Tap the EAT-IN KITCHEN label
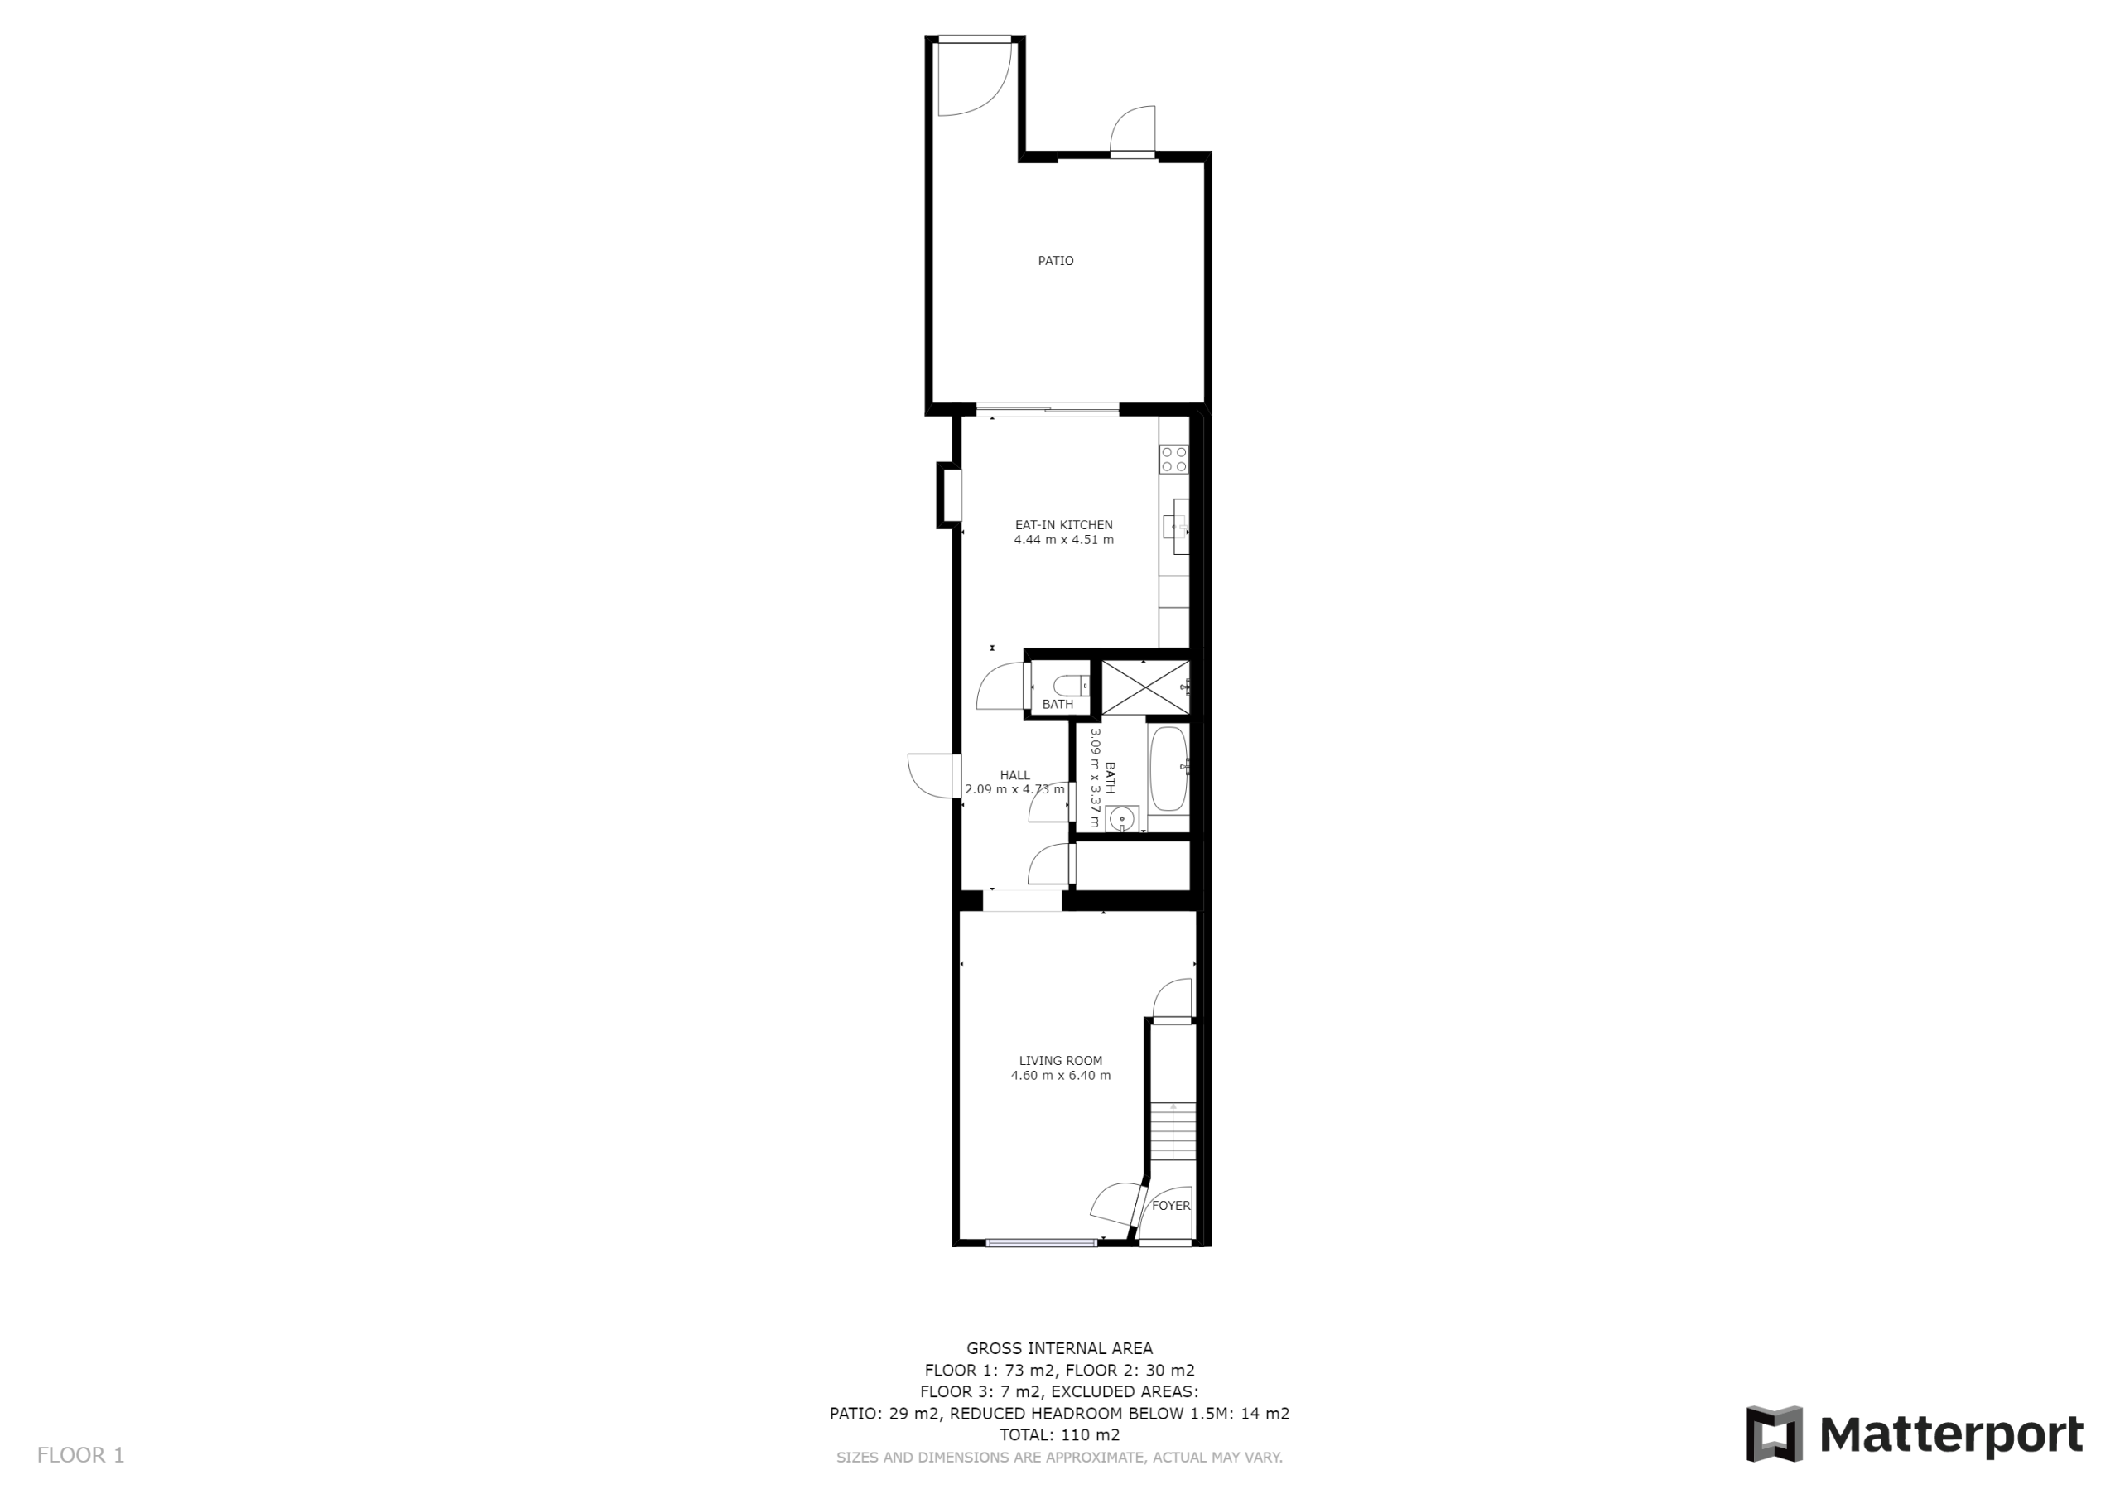(x=1063, y=524)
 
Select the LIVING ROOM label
(x=1061, y=1060)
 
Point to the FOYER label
(x=1171, y=1205)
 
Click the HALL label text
(x=1014, y=776)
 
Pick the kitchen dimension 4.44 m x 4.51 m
(x=1063, y=540)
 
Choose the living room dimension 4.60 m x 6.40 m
(x=1061, y=1076)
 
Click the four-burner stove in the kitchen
(x=1174, y=459)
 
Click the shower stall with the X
(x=1145, y=687)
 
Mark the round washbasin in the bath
(x=1122, y=818)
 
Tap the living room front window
(x=1042, y=1243)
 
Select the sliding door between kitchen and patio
(x=1047, y=409)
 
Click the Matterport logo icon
(x=1774, y=1434)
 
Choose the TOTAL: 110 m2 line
(x=1060, y=1434)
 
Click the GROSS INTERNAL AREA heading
(x=1060, y=1348)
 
